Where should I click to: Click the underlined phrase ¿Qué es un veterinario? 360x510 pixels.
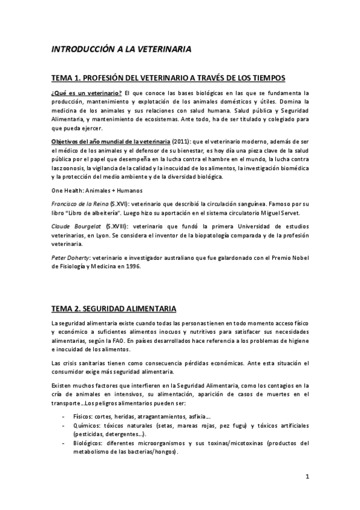87,93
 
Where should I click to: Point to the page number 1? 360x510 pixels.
307,478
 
